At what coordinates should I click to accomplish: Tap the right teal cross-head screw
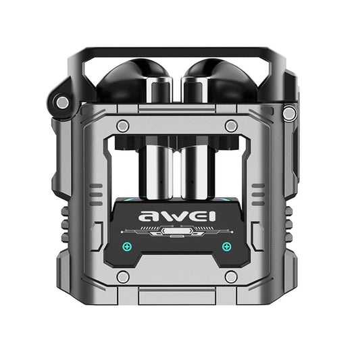pyautogui.click(x=226, y=246)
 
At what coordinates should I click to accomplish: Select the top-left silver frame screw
pyautogui.click(x=122, y=126)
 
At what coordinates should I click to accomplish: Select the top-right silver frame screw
pyautogui.click(x=231, y=126)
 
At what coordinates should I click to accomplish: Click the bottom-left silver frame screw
pyautogui.click(x=122, y=276)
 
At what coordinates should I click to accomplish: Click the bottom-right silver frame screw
pyautogui.click(x=231, y=276)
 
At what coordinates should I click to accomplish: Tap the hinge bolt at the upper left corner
pyautogui.click(x=62, y=102)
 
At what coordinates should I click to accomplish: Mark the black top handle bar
pyautogui.click(x=179, y=51)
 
